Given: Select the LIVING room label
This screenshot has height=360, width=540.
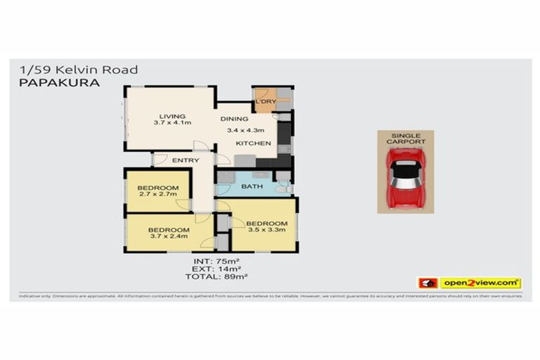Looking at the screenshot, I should (x=172, y=116).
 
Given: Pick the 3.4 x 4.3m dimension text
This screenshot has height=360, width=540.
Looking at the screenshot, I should (x=245, y=130).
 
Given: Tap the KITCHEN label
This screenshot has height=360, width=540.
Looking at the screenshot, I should (x=253, y=143).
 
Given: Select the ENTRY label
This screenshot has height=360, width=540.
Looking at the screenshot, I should (x=185, y=160).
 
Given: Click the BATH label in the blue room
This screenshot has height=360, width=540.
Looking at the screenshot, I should (x=251, y=186).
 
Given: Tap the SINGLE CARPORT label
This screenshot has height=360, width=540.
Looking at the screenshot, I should (x=406, y=138).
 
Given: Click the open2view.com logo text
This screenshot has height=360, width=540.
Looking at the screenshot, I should (x=480, y=283).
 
